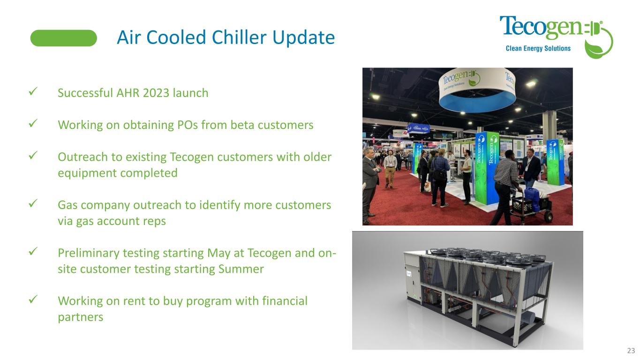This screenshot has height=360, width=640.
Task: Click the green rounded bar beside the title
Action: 64,38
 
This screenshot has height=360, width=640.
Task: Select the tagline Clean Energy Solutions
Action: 538,48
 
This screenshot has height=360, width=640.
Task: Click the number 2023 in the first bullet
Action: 156,93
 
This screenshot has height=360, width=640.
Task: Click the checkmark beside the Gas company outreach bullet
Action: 33,203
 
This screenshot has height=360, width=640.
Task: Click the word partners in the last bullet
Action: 80,317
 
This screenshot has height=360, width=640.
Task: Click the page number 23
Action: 631,351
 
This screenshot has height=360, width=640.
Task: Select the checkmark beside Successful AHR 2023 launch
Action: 33,91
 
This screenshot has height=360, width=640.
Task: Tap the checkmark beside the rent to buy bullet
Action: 33,299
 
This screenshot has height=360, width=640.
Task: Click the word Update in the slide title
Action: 303,38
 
